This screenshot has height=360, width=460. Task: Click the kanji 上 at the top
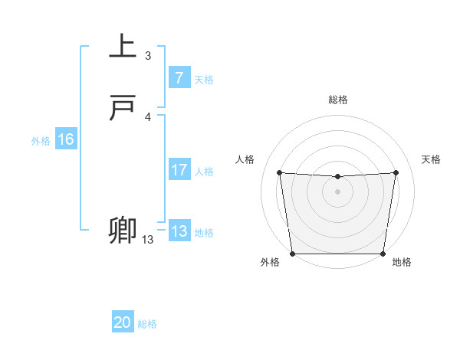coord(123,46)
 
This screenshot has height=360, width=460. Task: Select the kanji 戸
coord(123,109)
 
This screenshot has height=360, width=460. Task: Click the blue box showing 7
coord(179,78)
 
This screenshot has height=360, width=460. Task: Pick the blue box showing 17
coord(179,171)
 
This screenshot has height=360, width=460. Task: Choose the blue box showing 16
coord(66,139)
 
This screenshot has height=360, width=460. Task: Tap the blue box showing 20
coord(123,323)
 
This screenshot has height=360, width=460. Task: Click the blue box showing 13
coord(179,231)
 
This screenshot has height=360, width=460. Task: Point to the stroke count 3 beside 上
coord(148,56)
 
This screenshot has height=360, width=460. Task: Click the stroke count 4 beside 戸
coord(148,117)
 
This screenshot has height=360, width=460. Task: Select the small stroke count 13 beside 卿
coord(147,240)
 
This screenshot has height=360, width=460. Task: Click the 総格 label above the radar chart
coord(338,100)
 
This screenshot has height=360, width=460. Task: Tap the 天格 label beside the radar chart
coord(431,159)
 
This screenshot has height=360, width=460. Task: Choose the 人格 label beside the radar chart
coord(245,159)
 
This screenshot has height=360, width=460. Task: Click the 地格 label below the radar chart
coord(402,262)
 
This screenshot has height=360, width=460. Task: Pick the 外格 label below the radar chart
coord(270,262)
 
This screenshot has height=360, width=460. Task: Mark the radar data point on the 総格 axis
coord(337,177)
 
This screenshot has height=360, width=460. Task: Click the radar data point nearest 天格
coord(396,172)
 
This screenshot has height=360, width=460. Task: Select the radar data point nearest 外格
coord(292,254)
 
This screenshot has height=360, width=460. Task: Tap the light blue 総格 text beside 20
coord(147,324)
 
